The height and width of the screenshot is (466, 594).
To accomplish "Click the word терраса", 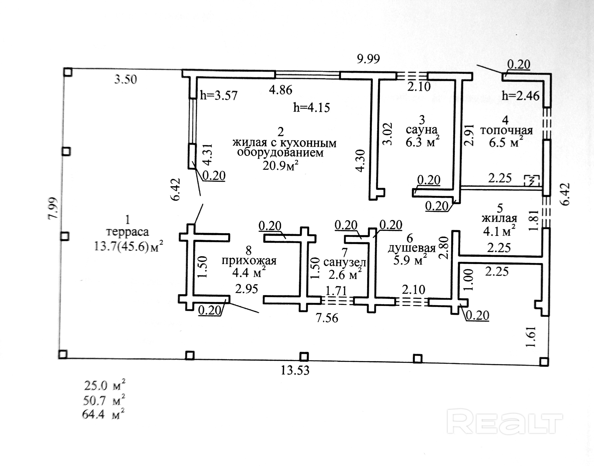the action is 127,232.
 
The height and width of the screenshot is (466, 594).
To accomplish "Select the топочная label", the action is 506,130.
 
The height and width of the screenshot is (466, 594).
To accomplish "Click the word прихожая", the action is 249,261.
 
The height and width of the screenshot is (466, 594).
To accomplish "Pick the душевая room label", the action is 412,248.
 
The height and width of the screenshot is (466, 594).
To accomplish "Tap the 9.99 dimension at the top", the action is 368,59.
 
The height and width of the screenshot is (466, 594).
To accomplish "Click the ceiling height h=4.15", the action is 312,108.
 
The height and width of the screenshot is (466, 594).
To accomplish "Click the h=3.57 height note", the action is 219,95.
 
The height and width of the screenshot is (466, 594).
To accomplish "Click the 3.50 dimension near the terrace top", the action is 125,79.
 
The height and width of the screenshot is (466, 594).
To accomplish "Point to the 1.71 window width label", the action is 336,291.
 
